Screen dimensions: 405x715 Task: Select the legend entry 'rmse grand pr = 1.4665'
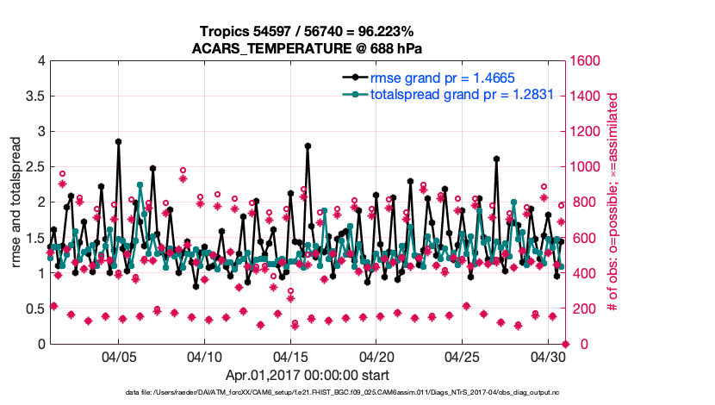[x=442, y=78]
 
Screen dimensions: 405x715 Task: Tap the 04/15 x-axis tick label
[x=290, y=356]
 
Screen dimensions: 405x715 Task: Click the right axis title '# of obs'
[x=612, y=202]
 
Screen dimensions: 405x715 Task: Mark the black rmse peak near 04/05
[x=118, y=141]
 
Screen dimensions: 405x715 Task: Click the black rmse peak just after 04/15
[x=308, y=146]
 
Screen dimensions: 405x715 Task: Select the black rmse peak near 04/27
[x=496, y=159]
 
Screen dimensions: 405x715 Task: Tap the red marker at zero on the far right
[x=565, y=345]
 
